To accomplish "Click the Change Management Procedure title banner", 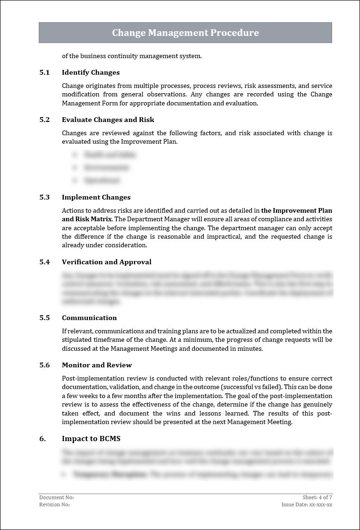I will [x=185, y=33].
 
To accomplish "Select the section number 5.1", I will [x=44, y=72].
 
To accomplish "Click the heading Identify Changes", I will [x=91, y=72].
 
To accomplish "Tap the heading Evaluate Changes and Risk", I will [x=108, y=120].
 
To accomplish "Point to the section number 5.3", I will [x=44, y=197].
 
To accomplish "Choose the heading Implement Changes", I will [x=96, y=197].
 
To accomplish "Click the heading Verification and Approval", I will [x=106, y=262].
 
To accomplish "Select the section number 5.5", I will [x=44, y=318].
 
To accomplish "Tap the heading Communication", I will [x=89, y=318].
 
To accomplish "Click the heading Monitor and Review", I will [x=97, y=365].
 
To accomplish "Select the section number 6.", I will [x=43, y=439].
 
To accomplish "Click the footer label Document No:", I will [x=56, y=497].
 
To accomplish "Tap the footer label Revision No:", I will [x=54, y=504].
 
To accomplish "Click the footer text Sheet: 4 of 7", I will [x=317, y=497].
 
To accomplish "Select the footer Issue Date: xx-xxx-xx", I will [x=307, y=504].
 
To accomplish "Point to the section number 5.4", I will [x=44, y=262].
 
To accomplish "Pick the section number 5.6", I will [x=44, y=365].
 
